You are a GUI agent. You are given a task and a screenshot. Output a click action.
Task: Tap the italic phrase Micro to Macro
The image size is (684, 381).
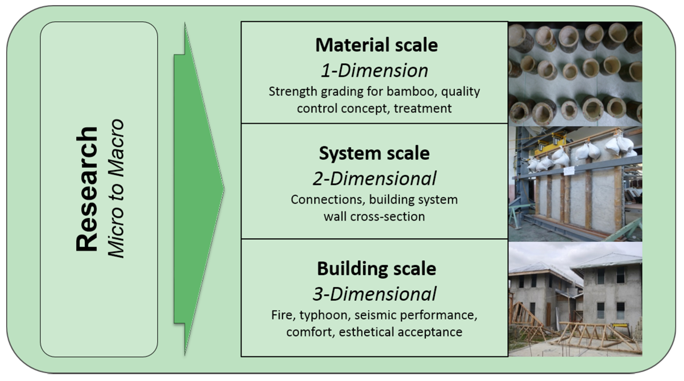click(116, 189)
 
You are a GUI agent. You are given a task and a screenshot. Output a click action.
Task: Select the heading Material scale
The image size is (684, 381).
click(376, 45)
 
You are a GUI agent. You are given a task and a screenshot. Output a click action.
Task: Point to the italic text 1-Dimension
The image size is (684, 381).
click(374, 71)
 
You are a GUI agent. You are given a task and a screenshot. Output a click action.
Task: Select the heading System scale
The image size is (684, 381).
click(374, 153)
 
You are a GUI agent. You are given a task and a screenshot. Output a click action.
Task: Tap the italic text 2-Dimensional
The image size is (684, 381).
click(374, 178)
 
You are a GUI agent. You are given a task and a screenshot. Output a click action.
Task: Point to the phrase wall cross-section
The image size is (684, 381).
click(374, 217)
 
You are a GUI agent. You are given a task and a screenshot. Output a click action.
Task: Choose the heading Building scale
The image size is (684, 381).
click(376, 269)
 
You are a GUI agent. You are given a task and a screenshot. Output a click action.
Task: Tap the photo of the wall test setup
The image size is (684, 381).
click(575, 184)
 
